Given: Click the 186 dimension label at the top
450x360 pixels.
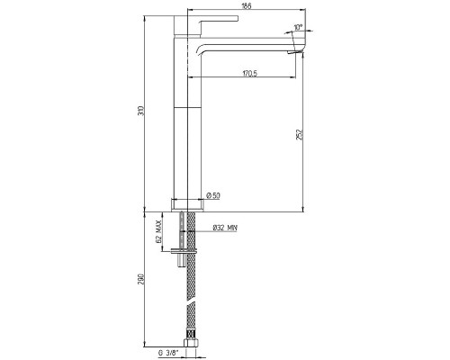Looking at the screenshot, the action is coord(247,5).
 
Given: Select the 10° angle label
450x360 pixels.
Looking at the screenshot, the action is coord(298,27).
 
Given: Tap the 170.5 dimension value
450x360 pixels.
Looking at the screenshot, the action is coord(250,73).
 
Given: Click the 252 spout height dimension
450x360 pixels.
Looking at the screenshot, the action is coord(300,134).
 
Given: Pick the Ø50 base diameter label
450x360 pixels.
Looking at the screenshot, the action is coord(213,195).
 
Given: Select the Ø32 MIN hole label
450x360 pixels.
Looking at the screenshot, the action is coord(225,228).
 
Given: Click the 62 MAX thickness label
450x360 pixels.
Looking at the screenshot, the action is coord(158,231).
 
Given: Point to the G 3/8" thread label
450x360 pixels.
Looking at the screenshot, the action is coord(168,352).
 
